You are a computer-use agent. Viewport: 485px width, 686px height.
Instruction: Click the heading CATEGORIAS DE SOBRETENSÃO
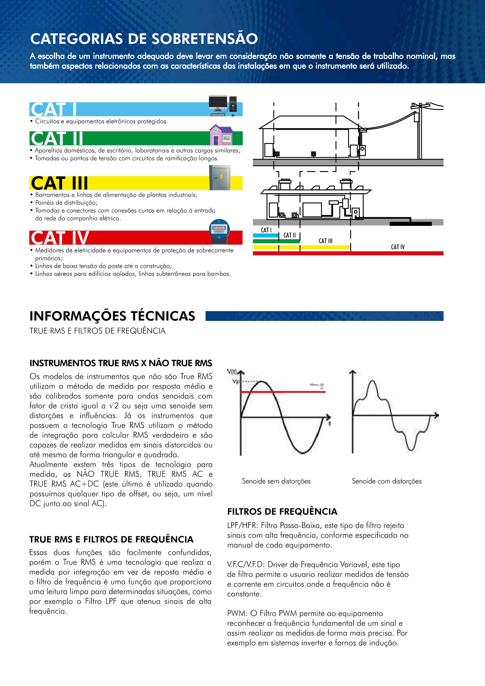(144, 39)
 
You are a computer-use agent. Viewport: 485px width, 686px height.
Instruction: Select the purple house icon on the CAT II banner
(221, 135)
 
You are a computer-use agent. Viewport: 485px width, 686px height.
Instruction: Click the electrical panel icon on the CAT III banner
(220, 177)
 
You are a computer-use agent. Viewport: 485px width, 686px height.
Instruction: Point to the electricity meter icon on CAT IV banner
(219, 232)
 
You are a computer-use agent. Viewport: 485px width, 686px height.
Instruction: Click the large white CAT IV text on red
(60, 238)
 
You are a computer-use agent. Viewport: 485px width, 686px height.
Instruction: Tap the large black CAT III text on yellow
(59, 183)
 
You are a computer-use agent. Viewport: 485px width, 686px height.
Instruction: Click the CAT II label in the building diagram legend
(290, 235)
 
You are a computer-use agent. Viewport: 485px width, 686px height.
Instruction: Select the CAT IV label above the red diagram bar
(398, 247)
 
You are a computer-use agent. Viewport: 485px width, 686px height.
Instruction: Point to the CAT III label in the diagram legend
(326, 241)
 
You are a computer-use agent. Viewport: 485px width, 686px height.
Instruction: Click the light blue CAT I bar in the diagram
(266, 236)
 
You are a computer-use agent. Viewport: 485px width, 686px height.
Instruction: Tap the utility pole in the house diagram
(419, 131)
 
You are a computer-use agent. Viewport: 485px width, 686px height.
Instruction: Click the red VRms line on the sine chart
(283, 392)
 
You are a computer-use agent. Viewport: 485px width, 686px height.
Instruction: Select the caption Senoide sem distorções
(276, 481)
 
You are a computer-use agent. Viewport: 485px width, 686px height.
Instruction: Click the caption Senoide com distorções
(387, 481)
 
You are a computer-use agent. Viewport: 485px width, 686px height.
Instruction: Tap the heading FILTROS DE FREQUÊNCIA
(282, 512)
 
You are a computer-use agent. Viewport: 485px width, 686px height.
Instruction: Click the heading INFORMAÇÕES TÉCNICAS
(112, 316)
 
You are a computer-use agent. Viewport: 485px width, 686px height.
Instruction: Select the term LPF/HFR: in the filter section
(243, 526)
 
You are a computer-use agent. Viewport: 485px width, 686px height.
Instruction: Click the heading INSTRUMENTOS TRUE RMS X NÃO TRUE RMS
(121, 363)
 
